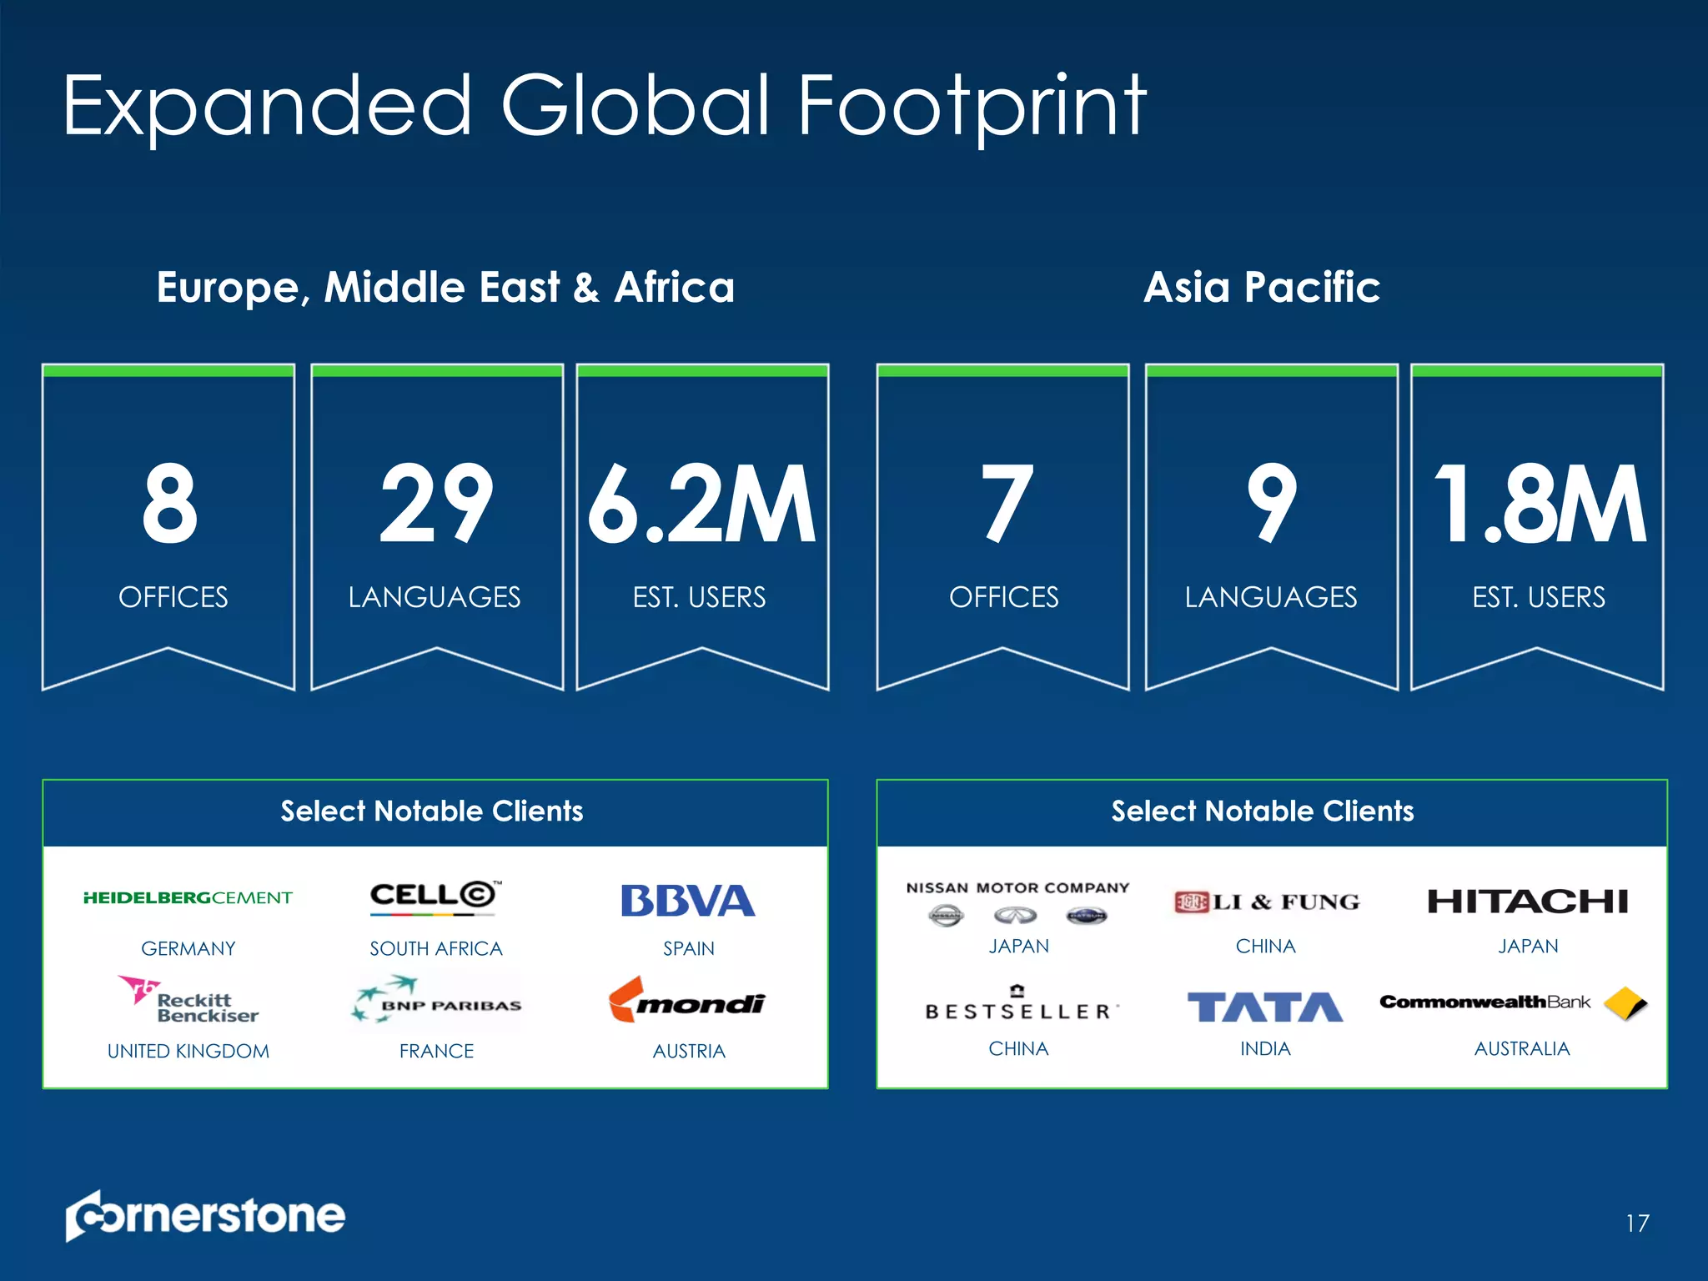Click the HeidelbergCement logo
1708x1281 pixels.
(x=188, y=898)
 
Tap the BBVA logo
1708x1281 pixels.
(x=688, y=901)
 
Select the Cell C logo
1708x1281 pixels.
(x=435, y=897)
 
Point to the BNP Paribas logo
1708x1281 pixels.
(x=437, y=1000)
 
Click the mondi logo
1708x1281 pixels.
(x=687, y=1001)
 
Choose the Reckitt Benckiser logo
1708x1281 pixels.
(x=189, y=1000)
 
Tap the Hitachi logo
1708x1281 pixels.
(x=1527, y=902)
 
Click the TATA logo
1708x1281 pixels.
(x=1264, y=1007)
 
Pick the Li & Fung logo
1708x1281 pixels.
(x=1266, y=902)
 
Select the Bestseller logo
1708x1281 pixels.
(x=1019, y=1005)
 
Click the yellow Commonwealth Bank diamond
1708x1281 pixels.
(x=1625, y=1002)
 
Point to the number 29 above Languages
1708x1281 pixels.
(x=436, y=505)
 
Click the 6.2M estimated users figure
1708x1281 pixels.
(x=701, y=505)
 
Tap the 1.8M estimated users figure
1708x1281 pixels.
(x=1539, y=505)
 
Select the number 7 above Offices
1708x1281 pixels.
(x=1007, y=505)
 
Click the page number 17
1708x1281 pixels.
(x=1637, y=1223)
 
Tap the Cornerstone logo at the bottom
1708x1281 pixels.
(x=205, y=1215)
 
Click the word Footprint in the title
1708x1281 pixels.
(x=972, y=106)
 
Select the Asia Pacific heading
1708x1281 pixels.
(x=1262, y=287)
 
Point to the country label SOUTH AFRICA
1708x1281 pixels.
(x=436, y=949)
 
